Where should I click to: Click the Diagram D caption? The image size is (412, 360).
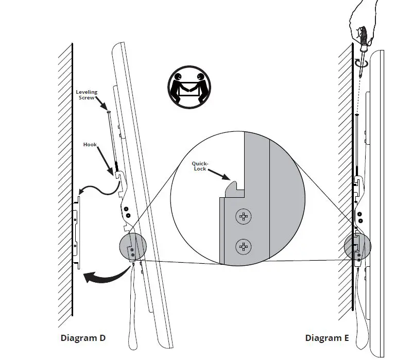[83, 338]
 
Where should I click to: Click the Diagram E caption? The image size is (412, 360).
[327, 338]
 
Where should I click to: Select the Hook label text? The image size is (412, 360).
[90, 145]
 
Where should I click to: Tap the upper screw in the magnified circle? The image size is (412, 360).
[243, 217]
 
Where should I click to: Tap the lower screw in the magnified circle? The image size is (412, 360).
[243, 247]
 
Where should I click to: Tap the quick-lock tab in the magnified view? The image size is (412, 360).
[235, 187]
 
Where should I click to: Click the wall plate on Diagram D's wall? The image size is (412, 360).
[77, 232]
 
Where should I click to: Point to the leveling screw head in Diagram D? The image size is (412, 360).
[109, 111]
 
